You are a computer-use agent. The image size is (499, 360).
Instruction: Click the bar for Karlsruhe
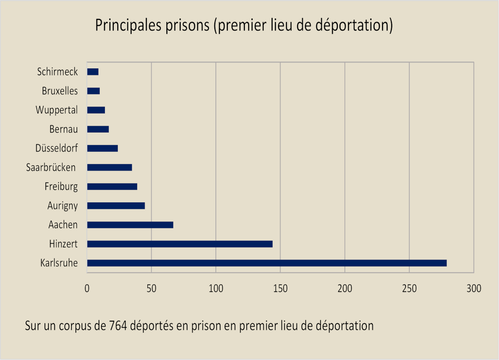[267, 263]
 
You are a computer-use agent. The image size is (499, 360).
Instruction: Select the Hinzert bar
[180, 244]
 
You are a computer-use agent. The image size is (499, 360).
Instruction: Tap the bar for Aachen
[130, 225]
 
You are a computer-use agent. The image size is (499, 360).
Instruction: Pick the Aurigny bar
[116, 206]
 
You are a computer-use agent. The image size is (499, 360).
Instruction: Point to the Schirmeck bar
[93, 72]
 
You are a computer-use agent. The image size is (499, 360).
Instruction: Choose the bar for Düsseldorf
[103, 148]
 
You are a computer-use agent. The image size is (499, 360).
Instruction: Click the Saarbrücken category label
[51, 167]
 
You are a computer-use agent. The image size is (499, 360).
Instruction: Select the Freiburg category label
[61, 187]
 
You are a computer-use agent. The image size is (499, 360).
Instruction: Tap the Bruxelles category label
[60, 91]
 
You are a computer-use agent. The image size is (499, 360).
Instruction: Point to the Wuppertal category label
[56, 110]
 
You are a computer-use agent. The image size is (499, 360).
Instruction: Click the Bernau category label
[63, 129]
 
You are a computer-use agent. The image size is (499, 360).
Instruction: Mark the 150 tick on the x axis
[280, 289]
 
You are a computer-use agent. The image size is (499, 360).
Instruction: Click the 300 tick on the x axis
[474, 289]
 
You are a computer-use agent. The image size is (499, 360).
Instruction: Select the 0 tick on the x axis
[87, 289]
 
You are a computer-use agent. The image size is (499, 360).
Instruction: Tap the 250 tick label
[409, 289]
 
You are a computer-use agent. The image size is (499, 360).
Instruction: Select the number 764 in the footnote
[119, 326]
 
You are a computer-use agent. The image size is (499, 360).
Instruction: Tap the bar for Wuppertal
[96, 110]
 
